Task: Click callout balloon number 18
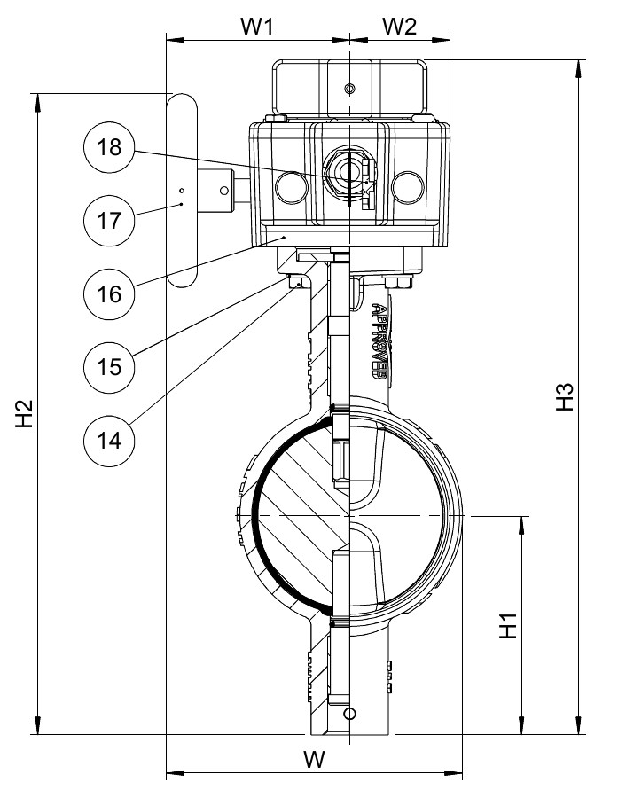(109, 147)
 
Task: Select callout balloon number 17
(109, 221)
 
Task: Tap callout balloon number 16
(109, 294)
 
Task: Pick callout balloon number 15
(109, 367)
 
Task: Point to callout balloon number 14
(109, 441)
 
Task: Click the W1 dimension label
(258, 26)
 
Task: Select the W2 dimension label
(400, 26)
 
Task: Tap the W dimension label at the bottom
(314, 760)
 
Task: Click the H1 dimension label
(508, 625)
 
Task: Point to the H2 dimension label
(24, 414)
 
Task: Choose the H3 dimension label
(565, 396)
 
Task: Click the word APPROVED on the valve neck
(379, 341)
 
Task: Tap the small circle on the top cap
(349, 89)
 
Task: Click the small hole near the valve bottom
(349, 714)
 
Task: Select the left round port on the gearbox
(292, 187)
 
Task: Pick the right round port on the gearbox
(407, 187)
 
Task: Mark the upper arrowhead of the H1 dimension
(521, 525)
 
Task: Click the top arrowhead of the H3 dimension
(578, 69)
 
